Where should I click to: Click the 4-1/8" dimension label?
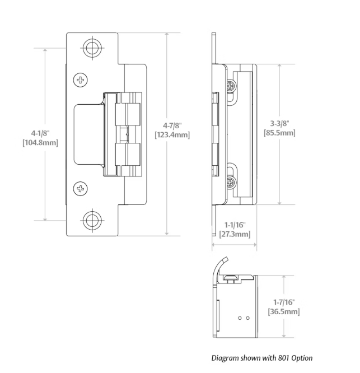40,133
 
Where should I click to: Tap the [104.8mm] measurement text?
40,143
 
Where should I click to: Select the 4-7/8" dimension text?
172,125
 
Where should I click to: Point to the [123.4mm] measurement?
172,135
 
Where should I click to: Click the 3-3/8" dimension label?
279,123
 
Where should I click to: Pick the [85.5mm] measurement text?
279,133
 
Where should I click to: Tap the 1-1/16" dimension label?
235,225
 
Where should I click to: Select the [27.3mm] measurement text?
235,234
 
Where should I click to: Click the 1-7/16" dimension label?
284,302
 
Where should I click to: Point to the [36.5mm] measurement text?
284,311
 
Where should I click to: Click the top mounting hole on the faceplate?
92,48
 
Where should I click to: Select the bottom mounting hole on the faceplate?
92,221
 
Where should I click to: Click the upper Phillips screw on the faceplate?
81,80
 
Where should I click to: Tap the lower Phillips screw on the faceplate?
81,189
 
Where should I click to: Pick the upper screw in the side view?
231,85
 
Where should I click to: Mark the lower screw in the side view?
231,183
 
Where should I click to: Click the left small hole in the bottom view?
240,318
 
